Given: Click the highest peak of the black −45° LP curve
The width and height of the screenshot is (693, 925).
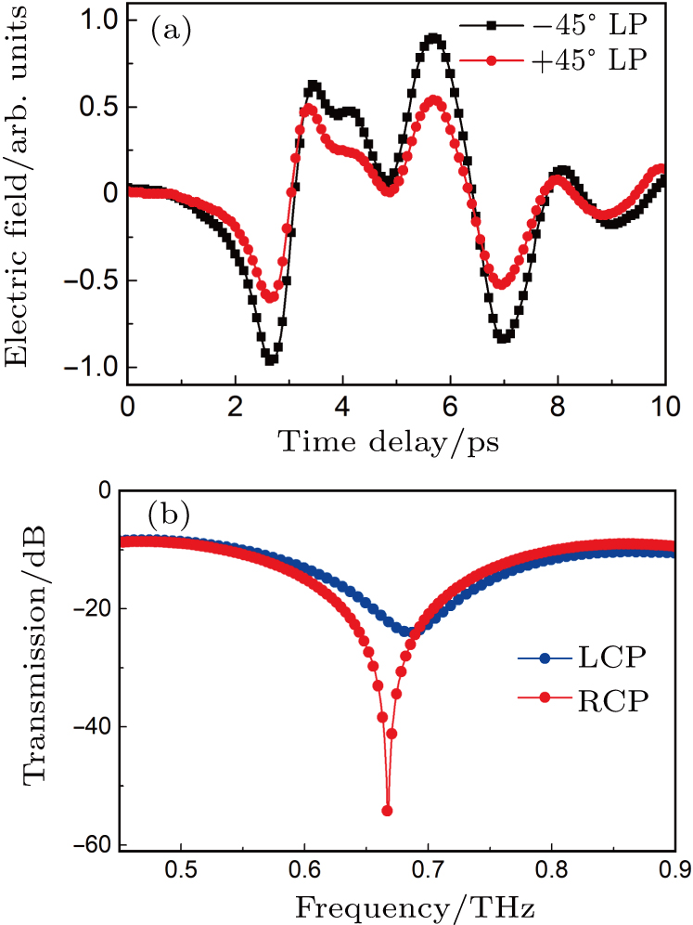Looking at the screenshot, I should tap(433, 38).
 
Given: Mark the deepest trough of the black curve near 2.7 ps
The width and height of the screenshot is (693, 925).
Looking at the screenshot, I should tap(270, 359).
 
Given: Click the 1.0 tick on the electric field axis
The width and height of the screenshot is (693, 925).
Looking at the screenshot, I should tap(96, 20).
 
